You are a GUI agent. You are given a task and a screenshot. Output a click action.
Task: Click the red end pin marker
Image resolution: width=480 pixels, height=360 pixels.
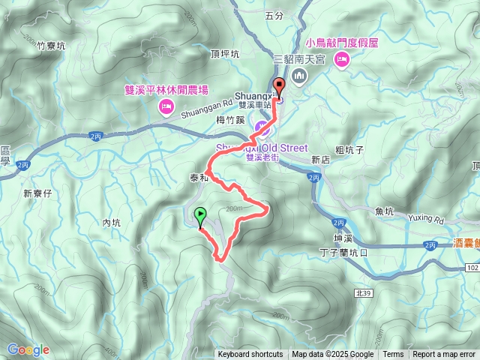click(279, 87)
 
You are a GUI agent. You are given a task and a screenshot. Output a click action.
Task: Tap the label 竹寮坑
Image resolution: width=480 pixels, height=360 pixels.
click(51, 46)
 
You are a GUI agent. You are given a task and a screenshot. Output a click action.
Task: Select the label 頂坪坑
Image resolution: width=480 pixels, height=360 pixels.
click(225, 54)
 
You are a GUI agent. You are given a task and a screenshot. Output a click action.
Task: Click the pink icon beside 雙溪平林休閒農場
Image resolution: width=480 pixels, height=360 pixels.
click(164, 109)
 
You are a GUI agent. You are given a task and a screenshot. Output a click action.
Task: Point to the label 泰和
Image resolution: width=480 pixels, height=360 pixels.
click(199, 178)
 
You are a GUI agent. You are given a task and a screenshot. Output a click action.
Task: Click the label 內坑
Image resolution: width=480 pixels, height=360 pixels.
click(111, 222)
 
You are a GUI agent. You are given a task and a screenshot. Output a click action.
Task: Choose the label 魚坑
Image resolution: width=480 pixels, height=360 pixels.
click(385, 211)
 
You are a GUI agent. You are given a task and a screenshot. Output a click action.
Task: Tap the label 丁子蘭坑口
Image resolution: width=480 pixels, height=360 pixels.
click(343, 253)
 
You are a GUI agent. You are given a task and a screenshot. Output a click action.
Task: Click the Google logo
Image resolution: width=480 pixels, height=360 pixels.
click(28, 349)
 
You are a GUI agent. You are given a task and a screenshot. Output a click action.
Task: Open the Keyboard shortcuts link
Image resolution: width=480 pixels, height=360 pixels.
click(250, 355)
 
